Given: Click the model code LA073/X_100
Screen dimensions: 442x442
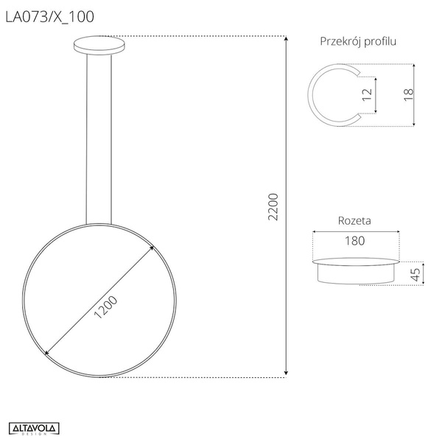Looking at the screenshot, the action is coord(49,17).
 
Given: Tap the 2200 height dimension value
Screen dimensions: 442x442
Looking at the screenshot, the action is coord(273,207).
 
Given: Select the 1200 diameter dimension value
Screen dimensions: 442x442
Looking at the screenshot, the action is coord(105,307).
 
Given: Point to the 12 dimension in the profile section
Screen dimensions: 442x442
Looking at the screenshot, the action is coord(367,95).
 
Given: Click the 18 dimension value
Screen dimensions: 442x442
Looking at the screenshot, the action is coord(408,95).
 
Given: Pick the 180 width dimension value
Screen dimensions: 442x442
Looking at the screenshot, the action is coord(355,241).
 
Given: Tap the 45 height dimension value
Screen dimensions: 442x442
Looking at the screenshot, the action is coord(415,275).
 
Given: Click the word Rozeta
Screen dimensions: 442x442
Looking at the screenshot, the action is coord(354,220).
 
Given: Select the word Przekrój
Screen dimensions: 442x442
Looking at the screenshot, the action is coord(340,41).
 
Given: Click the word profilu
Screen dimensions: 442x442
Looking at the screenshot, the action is coord(380,41).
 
